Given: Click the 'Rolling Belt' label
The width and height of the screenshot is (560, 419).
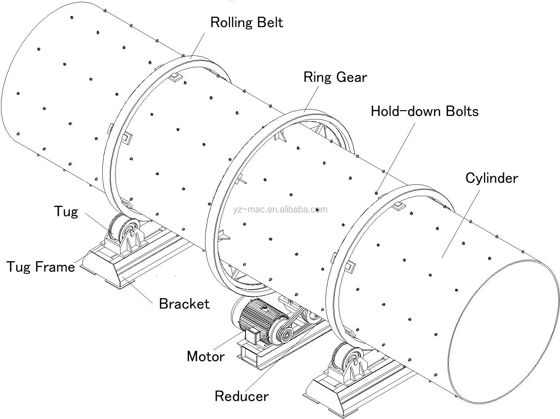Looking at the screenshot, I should (247, 22).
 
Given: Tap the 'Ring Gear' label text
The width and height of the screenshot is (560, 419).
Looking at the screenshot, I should (335, 77).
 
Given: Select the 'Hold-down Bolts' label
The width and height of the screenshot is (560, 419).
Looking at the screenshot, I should (425, 111).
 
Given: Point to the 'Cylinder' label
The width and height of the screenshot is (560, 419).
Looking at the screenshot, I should (491, 178).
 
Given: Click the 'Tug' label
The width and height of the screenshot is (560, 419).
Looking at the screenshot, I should (66, 211).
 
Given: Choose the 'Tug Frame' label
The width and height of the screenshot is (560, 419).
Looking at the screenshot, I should (41, 267).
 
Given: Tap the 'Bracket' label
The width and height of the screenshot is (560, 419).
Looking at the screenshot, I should (184, 304).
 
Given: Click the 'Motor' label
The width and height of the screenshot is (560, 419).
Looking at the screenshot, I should (206, 356).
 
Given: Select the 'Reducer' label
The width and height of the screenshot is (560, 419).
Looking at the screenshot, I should (242, 396).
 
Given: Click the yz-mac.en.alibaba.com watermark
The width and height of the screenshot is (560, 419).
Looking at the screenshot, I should (280, 209).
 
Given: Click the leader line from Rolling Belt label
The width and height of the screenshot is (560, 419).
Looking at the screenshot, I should (198, 45).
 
